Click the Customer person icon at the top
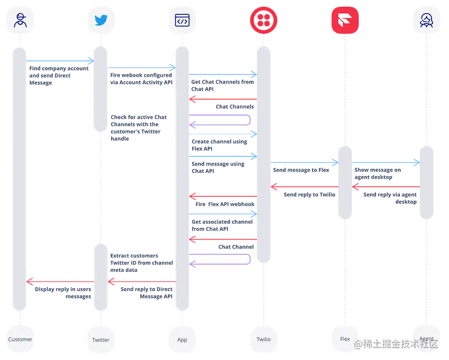tap(20, 21)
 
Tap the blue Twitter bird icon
tap(100, 21)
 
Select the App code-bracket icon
tap(182, 21)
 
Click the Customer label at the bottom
tap(20, 339)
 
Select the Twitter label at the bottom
tap(100, 339)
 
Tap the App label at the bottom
tap(182, 339)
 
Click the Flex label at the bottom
tap(345, 339)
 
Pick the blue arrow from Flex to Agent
tap(386, 162)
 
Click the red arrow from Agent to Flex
tap(386, 186)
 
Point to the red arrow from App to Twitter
tap(141, 280)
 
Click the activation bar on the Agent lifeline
tap(426, 182)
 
